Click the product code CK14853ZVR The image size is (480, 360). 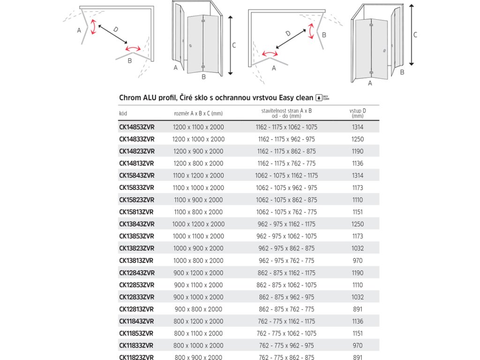point(136,127)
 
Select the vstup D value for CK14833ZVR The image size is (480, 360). point(357,139)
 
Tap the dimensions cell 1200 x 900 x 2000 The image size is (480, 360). point(198,151)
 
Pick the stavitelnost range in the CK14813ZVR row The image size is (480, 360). point(286,164)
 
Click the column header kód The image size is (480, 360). point(123,113)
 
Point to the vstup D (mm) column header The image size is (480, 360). point(357,113)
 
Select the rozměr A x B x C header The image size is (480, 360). point(198,113)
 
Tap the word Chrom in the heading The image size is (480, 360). point(130,97)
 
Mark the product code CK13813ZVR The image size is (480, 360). point(136,261)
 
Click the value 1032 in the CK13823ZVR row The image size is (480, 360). point(357,248)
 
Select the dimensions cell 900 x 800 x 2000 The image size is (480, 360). point(198,309)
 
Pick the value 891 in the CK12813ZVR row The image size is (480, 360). point(357,309)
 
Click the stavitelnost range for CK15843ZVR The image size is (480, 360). point(286,176)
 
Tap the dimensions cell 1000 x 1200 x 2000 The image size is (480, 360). point(198,224)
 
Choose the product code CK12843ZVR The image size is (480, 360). point(136,273)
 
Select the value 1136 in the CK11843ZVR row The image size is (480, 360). point(357,322)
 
